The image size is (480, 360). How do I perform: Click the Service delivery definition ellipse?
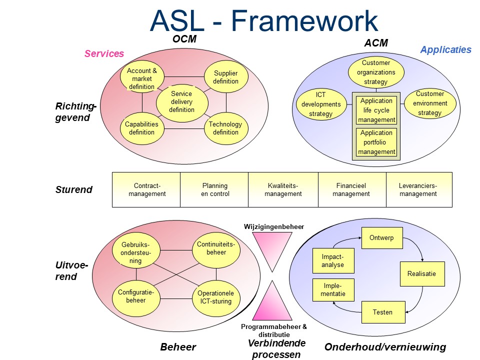coord(181,102)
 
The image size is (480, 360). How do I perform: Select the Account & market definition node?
coord(142,79)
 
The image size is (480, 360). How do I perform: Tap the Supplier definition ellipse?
coord(225,77)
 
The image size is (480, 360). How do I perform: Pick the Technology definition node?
coord(225,128)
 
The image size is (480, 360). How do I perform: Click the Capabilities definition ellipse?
coord(141,128)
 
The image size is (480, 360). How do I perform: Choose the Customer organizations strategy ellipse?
coord(376,72)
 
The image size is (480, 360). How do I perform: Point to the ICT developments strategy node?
coord(321,104)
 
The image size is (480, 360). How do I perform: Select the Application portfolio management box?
coord(376,142)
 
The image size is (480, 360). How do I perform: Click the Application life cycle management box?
coord(376,110)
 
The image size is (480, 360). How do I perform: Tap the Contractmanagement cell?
coord(146,189)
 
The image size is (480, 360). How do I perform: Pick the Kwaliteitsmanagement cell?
coord(283,189)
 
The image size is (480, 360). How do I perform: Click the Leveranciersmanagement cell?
coord(418,189)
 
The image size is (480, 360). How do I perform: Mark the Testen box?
coord(382,312)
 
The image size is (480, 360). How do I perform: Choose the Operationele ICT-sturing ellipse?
coord(215,297)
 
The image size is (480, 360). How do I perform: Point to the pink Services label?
coord(104,54)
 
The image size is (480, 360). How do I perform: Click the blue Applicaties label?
coord(445,49)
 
